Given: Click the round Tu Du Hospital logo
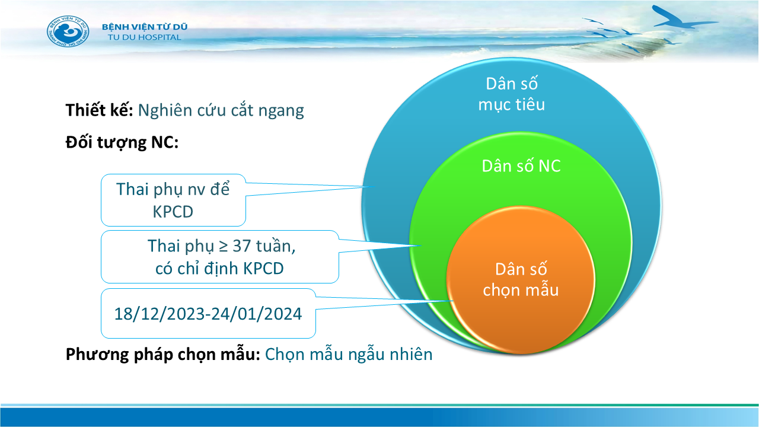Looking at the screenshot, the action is (x=68, y=31).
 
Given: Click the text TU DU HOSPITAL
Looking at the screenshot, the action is (x=145, y=37).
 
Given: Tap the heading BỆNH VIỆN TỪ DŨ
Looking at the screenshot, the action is (x=145, y=27).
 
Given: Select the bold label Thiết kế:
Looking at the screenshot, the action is (x=99, y=110).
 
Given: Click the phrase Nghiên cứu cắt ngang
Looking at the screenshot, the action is (x=221, y=111).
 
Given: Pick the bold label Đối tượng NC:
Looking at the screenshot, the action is (x=122, y=142).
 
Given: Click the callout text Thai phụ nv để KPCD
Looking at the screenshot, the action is (x=173, y=200).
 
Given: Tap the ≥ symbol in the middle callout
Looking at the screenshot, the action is (x=223, y=247).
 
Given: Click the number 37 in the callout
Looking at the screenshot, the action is (x=241, y=246).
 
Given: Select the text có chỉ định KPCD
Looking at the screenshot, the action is (x=219, y=269).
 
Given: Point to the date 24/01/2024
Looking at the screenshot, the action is (x=257, y=314).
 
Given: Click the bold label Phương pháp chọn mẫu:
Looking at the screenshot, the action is (x=163, y=355).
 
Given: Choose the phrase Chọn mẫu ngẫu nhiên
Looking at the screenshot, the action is (x=349, y=355).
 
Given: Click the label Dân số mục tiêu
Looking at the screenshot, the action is (x=512, y=94).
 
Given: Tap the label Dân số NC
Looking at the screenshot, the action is (x=521, y=166).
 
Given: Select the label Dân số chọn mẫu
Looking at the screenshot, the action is (x=521, y=280).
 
